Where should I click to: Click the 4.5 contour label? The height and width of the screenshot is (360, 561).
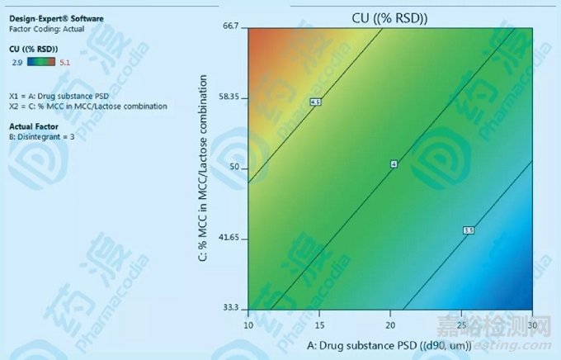315,102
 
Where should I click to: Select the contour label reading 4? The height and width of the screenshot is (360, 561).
394,165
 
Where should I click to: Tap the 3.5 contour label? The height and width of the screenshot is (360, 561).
469,230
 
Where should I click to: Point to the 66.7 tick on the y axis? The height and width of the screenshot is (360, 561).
230,26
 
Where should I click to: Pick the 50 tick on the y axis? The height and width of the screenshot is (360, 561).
233,168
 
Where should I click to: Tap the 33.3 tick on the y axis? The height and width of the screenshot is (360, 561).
230,308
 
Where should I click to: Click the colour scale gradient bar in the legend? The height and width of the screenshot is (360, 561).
42,60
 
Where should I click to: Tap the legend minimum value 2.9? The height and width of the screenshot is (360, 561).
17,61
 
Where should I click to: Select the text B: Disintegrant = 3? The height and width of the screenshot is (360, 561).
42,136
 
